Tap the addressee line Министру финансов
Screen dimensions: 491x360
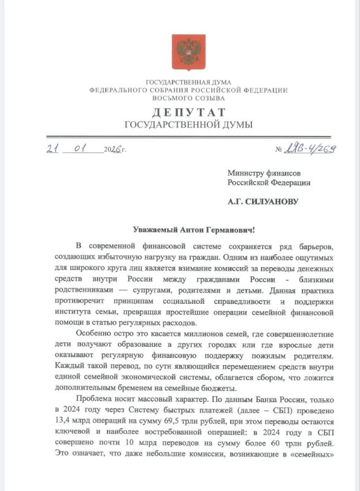pyautogui.click(x=264, y=173)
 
